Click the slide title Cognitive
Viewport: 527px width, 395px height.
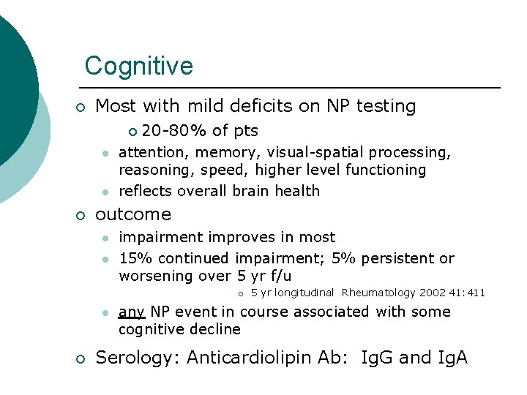click(x=138, y=66)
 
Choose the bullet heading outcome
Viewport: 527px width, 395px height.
click(x=133, y=214)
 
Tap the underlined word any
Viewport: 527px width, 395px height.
click(x=131, y=312)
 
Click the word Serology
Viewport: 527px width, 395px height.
click(x=137, y=358)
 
